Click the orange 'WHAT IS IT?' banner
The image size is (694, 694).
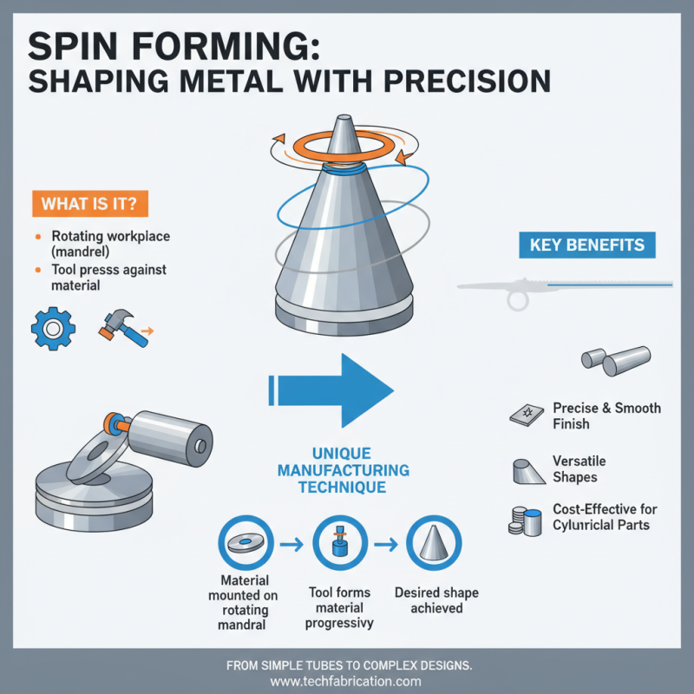(x=89, y=204)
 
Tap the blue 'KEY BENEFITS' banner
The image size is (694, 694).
(x=587, y=245)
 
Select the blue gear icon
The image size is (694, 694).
(x=49, y=328)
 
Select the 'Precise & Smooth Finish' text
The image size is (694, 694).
(x=606, y=416)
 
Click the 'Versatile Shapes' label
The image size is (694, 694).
(x=579, y=468)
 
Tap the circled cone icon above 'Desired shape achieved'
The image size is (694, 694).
(x=431, y=545)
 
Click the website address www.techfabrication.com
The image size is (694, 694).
(x=346, y=682)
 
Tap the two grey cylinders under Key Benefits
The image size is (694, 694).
(x=614, y=359)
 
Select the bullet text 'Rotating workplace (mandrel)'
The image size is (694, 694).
(x=105, y=244)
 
